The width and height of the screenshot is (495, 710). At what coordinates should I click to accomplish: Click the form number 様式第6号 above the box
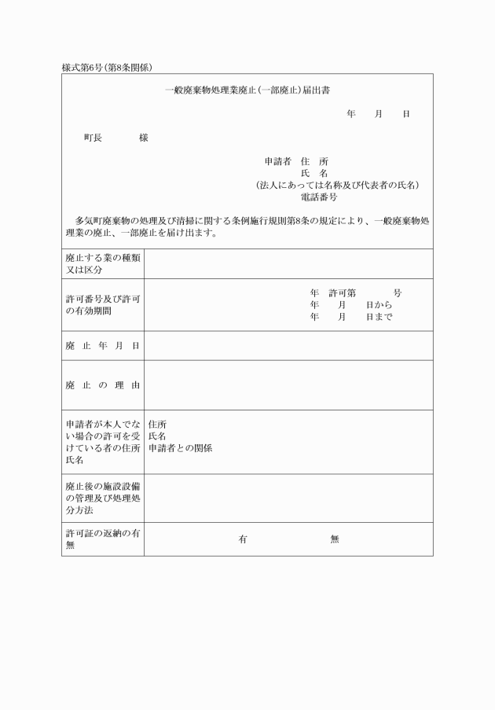[x=82, y=68]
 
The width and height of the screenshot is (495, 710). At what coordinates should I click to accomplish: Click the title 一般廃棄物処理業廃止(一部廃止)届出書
[x=247, y=90]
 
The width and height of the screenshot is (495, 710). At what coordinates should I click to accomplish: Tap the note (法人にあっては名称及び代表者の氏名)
[x=337, y=186]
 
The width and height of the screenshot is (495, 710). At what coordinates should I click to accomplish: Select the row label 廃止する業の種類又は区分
[x=102, y=264]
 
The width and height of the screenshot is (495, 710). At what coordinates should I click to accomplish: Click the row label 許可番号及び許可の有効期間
[x=102, y=305]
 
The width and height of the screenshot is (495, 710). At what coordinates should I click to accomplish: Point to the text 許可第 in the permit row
[x=343, y=292]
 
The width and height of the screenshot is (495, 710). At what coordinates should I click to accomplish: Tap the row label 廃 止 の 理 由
[x=102, y=385]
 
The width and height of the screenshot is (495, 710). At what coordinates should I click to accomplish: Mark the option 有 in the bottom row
[x=243, y=539]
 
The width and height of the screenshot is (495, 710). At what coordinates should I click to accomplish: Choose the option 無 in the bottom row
[x=335, y=539]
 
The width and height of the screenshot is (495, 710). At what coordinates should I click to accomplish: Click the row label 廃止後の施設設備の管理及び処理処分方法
[x=102, y=498]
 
